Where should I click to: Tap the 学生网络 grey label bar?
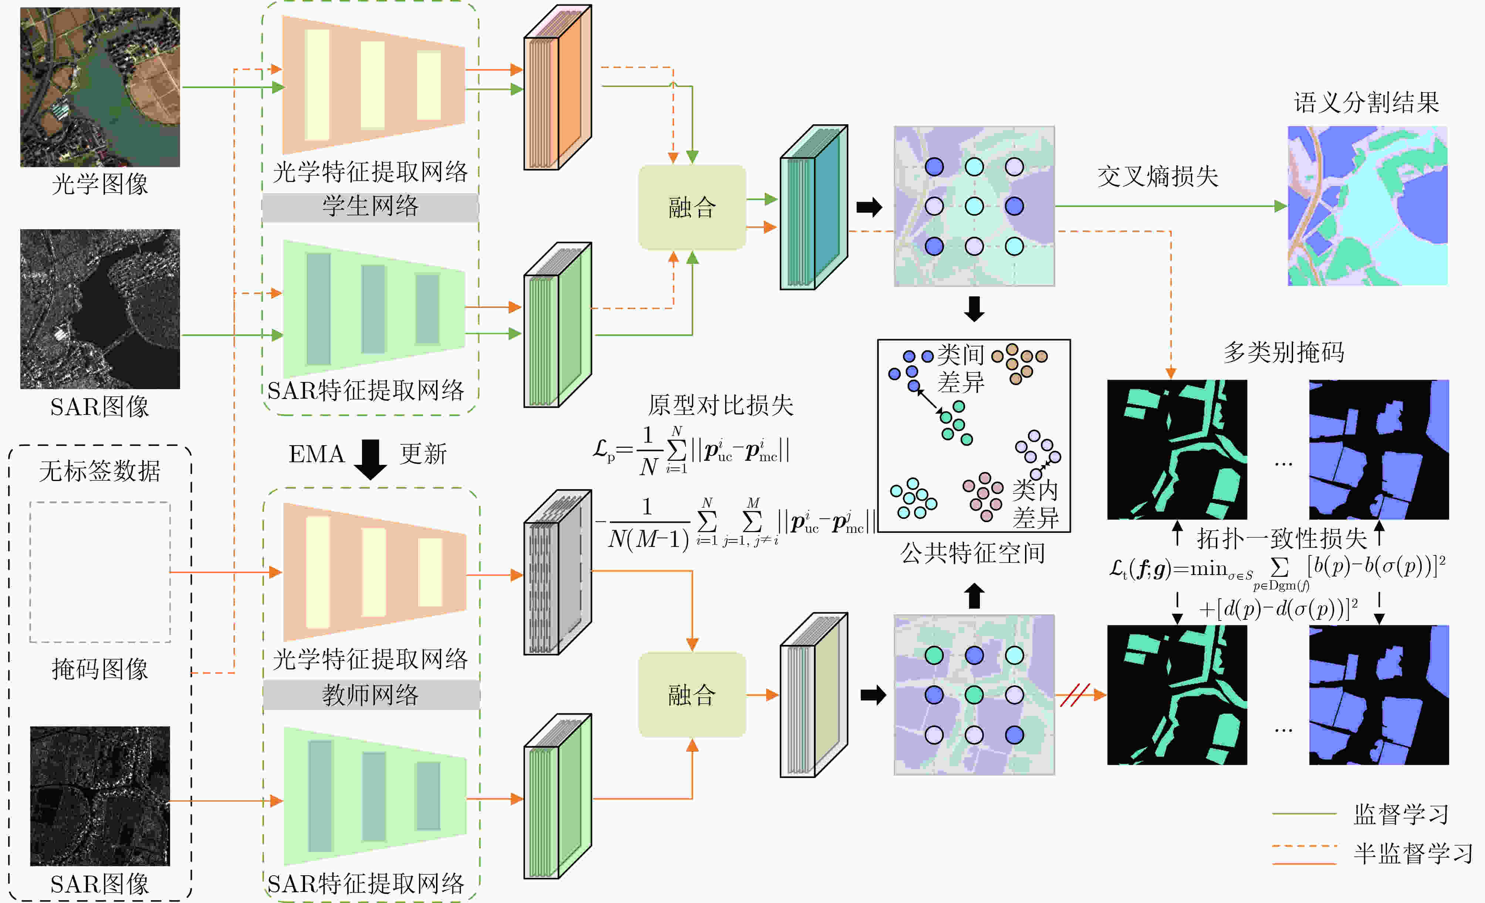[370, 207]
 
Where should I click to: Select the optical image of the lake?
[100, 87]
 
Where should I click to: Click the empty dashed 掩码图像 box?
[100, 571]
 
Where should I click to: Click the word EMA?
[316, 454]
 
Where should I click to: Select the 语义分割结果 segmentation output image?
[1367, 206]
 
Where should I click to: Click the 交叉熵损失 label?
[1157, 177]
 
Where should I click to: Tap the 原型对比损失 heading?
[720, 405]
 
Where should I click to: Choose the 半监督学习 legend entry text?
[1413, 853]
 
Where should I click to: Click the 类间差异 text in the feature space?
[961, 368]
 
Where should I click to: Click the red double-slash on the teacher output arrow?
[1075, 695]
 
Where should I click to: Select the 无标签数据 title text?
[100, 471]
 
